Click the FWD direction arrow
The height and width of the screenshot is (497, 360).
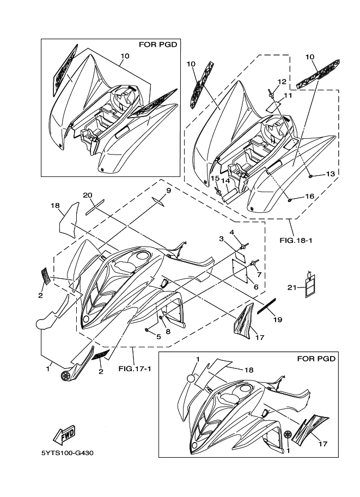(64, 434)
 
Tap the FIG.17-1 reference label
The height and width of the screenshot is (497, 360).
(131, 369)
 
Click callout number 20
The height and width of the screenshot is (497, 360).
(88, 195)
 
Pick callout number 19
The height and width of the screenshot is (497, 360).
(278, 320)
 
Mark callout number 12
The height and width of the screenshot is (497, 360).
(282, 82)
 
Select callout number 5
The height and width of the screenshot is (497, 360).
(158, 337)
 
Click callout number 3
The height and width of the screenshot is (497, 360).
(222, 238)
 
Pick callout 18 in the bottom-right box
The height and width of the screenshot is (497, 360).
(249, 370)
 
